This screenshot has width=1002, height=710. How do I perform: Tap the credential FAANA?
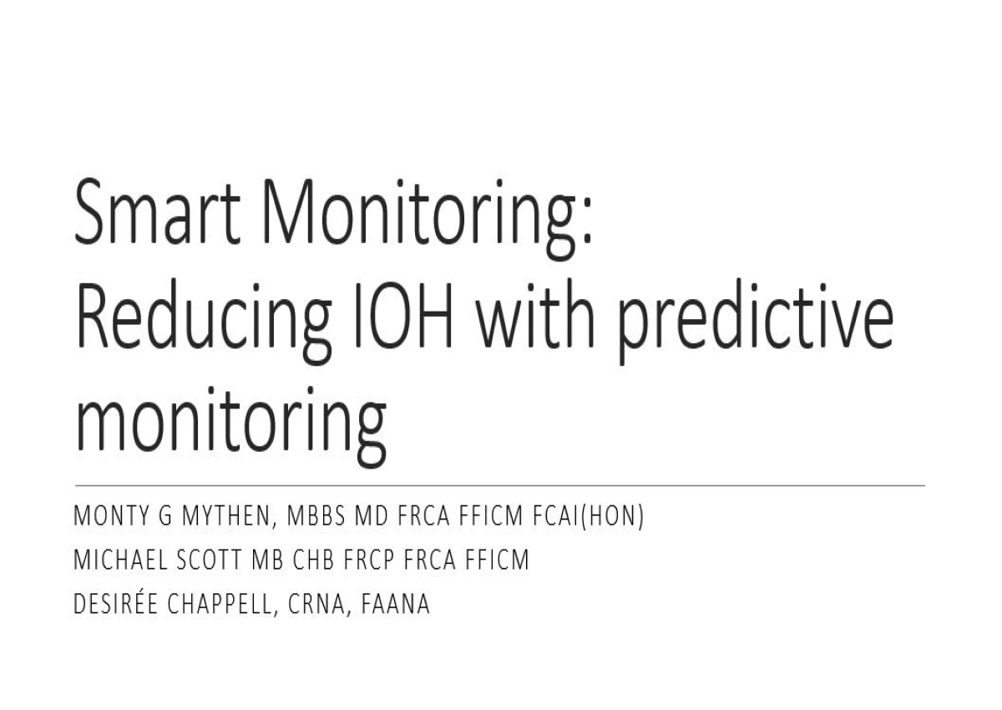click(396, 603)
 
